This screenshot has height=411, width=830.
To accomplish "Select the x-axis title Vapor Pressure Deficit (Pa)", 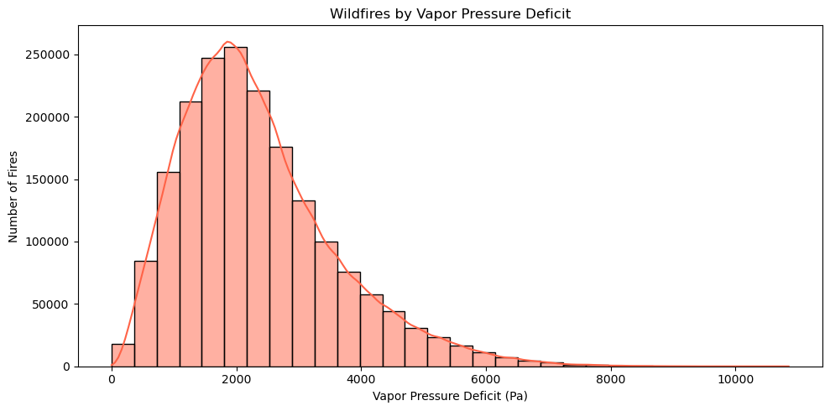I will coord(450,396).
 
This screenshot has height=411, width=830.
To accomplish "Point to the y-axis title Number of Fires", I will coord(13,195).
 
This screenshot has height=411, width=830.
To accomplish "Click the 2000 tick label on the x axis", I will coord(237,378).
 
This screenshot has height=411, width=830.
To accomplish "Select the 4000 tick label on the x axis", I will coord(361,378).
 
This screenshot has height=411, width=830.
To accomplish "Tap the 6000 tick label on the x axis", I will coord(486,378).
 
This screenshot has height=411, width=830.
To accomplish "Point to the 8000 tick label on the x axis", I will coord(610,378).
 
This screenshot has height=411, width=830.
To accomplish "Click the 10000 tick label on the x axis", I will coord(735,378).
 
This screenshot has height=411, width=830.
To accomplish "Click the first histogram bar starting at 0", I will coord(123,356).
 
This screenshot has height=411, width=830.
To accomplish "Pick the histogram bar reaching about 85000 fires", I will coord(145,315).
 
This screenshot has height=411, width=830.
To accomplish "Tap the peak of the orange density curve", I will coord(227,42).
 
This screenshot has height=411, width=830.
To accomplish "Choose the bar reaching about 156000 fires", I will coord(168,268).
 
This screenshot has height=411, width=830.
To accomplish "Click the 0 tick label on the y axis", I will coord(67,367).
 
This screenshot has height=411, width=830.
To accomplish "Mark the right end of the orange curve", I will coord(788,366).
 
